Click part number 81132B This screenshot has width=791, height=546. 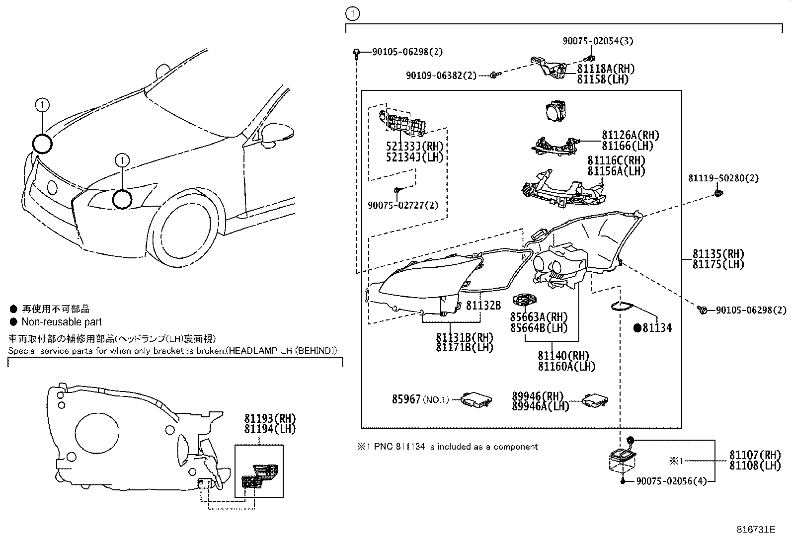click(x=483, y=305)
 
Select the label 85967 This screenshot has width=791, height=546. click(x=406, y=399)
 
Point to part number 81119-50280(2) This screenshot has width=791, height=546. click(x=723, y=178)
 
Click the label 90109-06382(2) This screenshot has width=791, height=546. click(x=441, y=76)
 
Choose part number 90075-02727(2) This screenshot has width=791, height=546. click(x=403, y=205)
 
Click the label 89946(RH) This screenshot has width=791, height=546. click(x=538, y=396)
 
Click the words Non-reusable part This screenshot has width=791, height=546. click(x=62, y=322)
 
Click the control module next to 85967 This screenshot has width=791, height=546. click(x=476, y=399)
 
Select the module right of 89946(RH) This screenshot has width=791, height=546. click(x=595, y=399)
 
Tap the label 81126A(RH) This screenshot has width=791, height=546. click(x=631, y=135)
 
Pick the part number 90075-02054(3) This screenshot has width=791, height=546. click(x=598, y=41)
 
